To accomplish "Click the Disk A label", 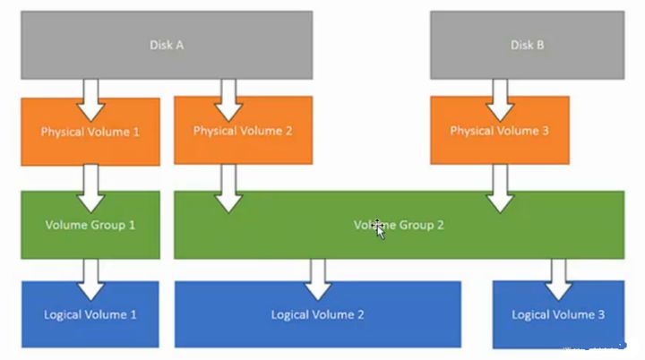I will pyautogui.click(x=166, y=45).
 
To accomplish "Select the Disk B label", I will pyautogui.click(x=527, y=45).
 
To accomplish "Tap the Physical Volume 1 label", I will pyautogui.click(x=90, y=132).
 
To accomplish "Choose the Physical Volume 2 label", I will pyautogui.click(x=242, y=131).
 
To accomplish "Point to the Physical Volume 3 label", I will pyautogui.click(x=499, y=131).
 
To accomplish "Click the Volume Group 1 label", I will pyautogui.click(x=90, y=225).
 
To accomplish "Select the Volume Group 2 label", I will pyautogui.click(x=399, y=225).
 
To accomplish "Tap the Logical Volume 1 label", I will pyautogui.click(x=90, y=314).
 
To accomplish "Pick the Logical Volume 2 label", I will pyautogui.click(x=317, y=314).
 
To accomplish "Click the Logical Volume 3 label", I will pyautogui.click(x=558, y=314).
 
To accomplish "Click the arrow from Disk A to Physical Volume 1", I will pyautogui.click(x=90, y=99).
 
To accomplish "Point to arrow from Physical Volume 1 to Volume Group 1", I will pyautogui.click(x=90, y=185).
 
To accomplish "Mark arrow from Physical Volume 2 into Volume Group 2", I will pyautogui.click(x=229, y=189).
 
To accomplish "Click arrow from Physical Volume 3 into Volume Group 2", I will pyautogui.click(x=499, y=189).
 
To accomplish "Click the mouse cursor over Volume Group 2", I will pyautogui.click(x=380, y=229).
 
